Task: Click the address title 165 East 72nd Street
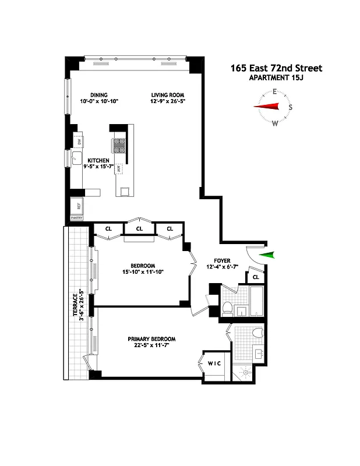tap(276, 68)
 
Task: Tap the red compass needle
tap(269, 106)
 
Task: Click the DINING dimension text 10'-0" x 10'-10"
tap(99, 101)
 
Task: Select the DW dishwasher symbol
tap(79, 141)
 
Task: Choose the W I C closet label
tap(214, 364)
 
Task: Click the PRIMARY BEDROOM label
tap(151, 339)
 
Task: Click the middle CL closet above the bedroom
tap(139, 229)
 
